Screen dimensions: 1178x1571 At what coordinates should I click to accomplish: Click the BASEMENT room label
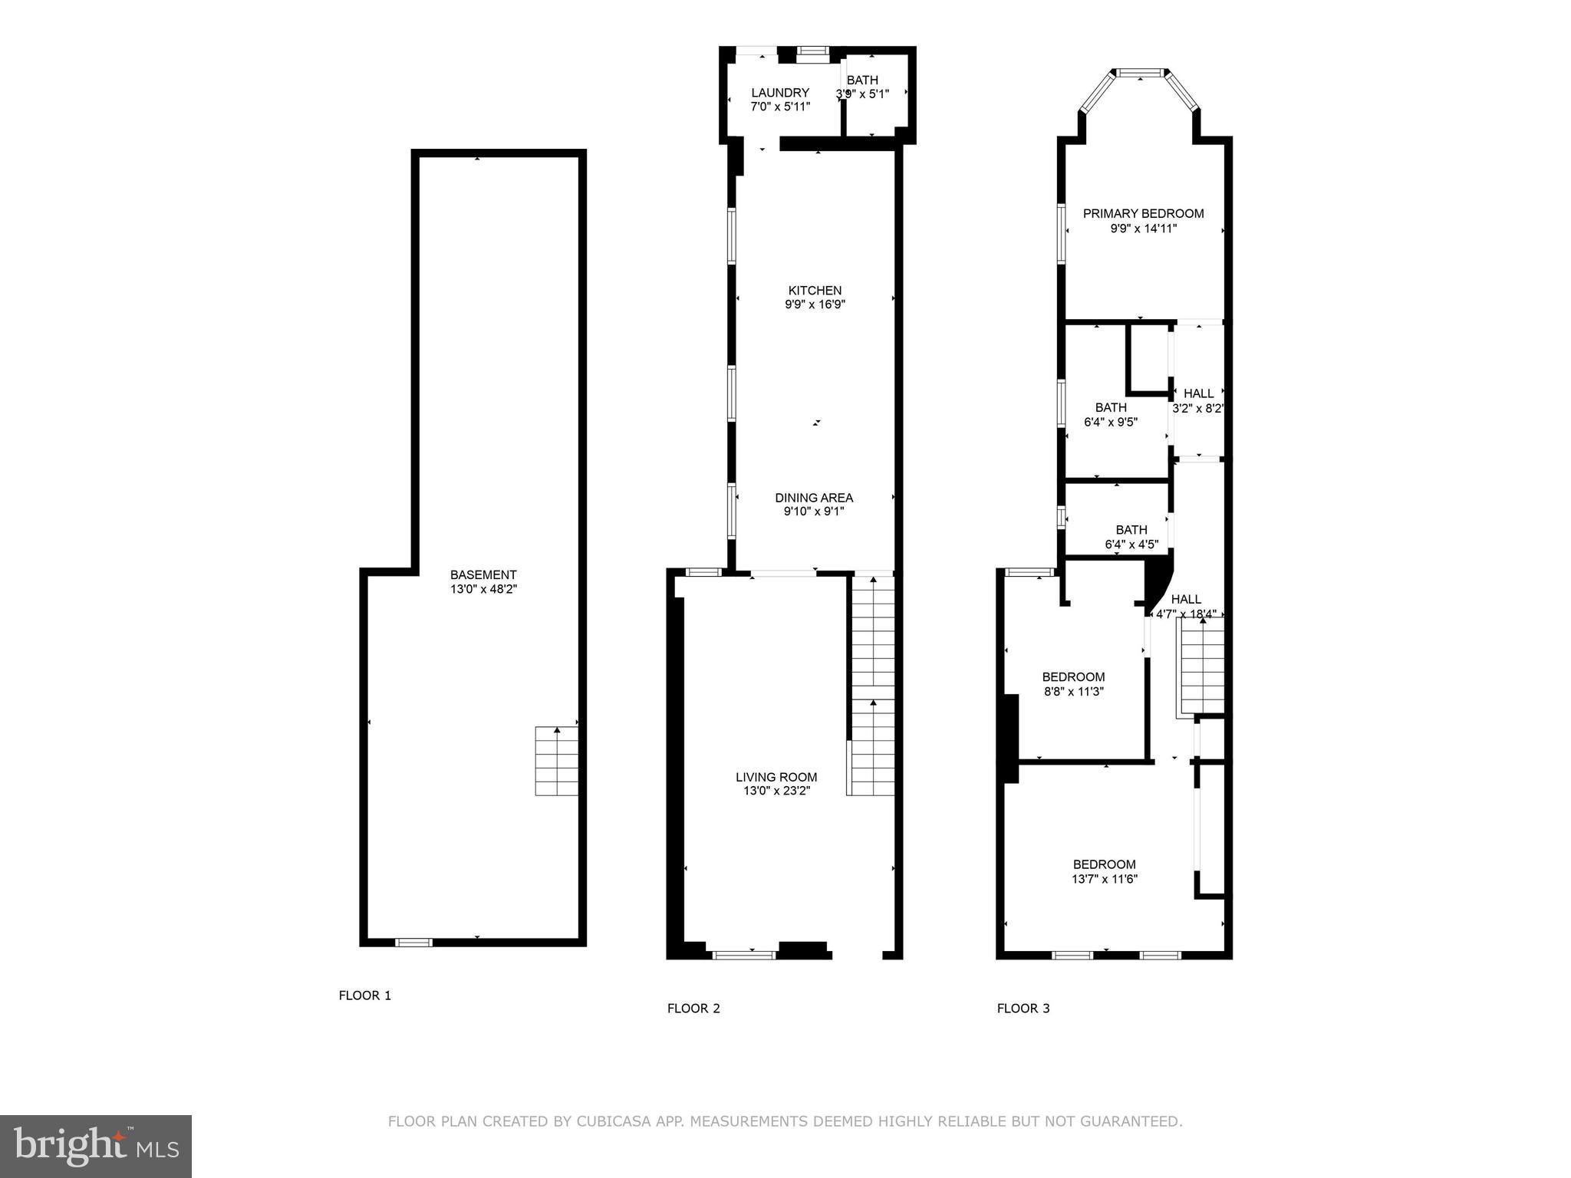pyautogui.click(x=483, y=574)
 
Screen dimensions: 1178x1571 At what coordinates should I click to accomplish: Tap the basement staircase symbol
pyautogui.click(x=556, y=761)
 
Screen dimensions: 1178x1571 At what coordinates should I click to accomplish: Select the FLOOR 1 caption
pyautogui.click(x=365, y=995)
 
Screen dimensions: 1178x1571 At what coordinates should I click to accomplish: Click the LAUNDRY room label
pyautogui.click(x=780, y=93)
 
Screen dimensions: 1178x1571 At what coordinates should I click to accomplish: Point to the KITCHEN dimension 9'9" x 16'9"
pyautogui.click(x=815, y=304)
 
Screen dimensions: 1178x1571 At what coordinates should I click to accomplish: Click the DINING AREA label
pyautogui.click(x=814, y=498)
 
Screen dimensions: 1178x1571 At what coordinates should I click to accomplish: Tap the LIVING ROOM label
pyautogui.click(x=776, y=777)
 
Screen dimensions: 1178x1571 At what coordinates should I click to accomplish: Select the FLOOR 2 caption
pyautogui.click(x=693, y=1009)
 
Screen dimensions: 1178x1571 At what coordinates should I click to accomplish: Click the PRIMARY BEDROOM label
pyautogui.click(x=1143, y=214)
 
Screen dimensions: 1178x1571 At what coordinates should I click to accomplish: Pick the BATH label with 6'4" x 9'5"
pyautogui.click(x=1111, y=407)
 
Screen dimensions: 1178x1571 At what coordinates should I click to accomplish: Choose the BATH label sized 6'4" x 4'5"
pyautogui.click(x=1131, y=530)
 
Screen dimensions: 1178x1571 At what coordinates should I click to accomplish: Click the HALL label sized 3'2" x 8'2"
pyautogui.click(x=1198, y=393)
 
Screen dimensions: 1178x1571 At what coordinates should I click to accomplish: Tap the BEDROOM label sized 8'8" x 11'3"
pyautogui.click(x=1073, y=677)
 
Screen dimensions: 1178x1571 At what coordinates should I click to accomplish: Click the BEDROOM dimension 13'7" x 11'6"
pyautogui.click(x=1105, y=880)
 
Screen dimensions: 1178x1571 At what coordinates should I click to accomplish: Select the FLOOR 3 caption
pyautogui.click(x=1023, y=1009)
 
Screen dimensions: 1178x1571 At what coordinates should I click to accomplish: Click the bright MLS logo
pyautogui.click(x=96, y=1147)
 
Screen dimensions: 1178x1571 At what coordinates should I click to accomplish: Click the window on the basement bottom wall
pyautogui.click(x=413, y=943)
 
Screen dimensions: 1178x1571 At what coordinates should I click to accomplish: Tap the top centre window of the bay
pyautogui.click(x=1140, y=73)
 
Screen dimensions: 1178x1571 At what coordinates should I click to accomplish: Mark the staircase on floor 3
pyautogui.click(x=1202, y=666)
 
